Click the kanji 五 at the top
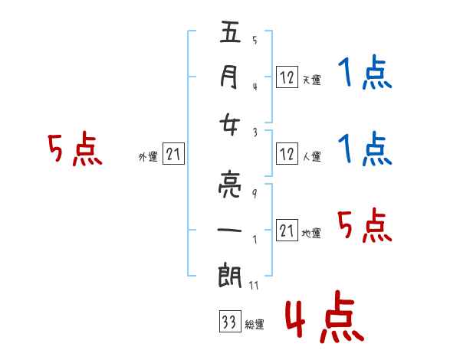click(229, 34)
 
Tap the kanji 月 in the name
click(229, 77)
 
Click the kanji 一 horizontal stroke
click(229, 229)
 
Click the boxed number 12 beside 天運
click(287, 77)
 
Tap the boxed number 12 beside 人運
click(287, 154)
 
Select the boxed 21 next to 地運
click(287, 231)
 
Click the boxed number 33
click(228, 322)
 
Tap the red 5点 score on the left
click(74, 150)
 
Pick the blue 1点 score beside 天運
click(363, 75)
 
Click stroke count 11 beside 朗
click(254, 286)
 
